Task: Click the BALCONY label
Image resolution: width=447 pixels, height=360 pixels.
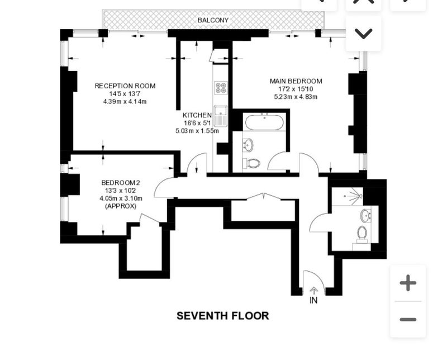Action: [213, 20]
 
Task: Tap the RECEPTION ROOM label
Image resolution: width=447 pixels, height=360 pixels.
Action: [125, 86]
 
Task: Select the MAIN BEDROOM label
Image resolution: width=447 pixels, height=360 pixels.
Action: [296, 81]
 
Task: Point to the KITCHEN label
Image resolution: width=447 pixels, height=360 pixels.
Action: [197, 115]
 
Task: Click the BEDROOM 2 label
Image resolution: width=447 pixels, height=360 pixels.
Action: [121, 183]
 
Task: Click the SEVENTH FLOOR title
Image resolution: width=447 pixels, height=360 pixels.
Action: [222, 316]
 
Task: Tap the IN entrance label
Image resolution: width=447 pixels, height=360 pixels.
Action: [313, 300]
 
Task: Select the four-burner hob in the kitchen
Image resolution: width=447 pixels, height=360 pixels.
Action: [221, 88]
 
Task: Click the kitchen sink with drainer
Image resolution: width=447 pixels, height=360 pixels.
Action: [221, 116]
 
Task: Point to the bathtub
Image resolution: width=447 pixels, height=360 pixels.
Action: [264, 122]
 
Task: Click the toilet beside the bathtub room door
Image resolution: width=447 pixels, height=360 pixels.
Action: [252, 163]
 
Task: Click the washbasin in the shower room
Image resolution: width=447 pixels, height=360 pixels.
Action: [365, 216]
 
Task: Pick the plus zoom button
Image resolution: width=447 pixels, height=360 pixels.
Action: [408, 283]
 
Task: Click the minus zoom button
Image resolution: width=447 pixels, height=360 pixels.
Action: [408, 320]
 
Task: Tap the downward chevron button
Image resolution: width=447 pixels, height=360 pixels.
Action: [364, 34]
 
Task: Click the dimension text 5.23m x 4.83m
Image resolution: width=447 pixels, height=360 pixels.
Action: [296, 97]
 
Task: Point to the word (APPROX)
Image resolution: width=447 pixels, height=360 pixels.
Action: [121, 206]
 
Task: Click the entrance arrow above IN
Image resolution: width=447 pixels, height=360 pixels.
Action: [313, 291]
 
